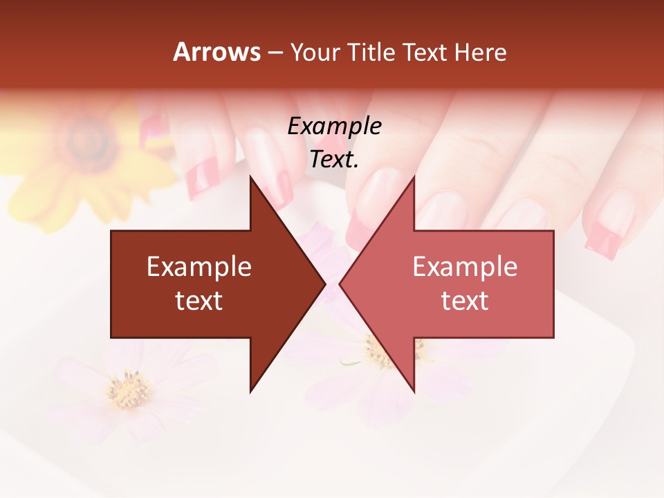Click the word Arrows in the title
pos(217,52)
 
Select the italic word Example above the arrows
pos(334,127)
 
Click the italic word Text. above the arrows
pos(334,160)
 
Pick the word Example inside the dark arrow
pos(199,267)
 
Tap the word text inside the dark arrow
pos(199,301)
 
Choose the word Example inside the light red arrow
pos(465,267)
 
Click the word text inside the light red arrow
pos(465,301)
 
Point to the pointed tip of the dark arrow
pos(325,284)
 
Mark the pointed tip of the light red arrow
pos(340,284)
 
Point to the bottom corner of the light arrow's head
pos(414,392)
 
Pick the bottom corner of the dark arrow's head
pos(250,392)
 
